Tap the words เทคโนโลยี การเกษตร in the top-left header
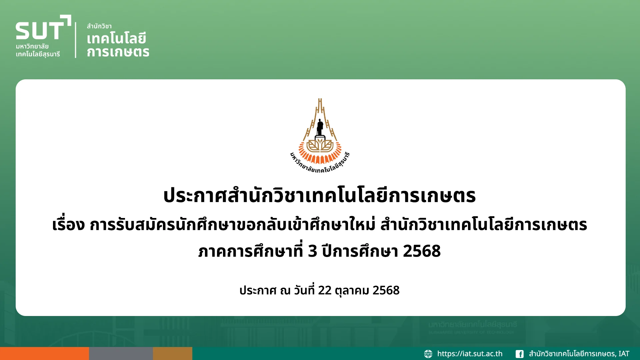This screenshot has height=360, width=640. pyautogui.click(x=118, y=45)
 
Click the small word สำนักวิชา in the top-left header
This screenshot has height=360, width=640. pyautogui.click(x=99, y=26)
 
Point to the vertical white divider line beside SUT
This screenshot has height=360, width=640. pyautogui.click(x=76, y=40)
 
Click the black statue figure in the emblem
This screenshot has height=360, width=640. pyautogui.click(x=320, y=127)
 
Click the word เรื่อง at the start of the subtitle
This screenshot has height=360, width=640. pyautogui.click(x=68, y=224)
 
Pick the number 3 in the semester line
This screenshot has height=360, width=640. pyautogui.click(x=312, y=251)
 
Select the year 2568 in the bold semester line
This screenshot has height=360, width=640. pyautogui.click(x=422, y=251)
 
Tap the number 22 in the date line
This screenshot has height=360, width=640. pyautogui.click(x=325, y=290)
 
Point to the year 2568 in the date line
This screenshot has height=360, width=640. pyautogui.click(x=386, y=290)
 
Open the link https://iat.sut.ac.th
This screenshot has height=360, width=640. pyautogui.click(x=470, y=354)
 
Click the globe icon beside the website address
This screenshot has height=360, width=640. pyautogui.click(x=428, y=354)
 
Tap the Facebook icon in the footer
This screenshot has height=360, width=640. pyautogui.click(x=519, y=354)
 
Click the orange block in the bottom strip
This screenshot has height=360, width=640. pyautogui.click(x=44, y=353)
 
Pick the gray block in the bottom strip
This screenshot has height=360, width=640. pyautogui.click(x=121, y=353)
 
